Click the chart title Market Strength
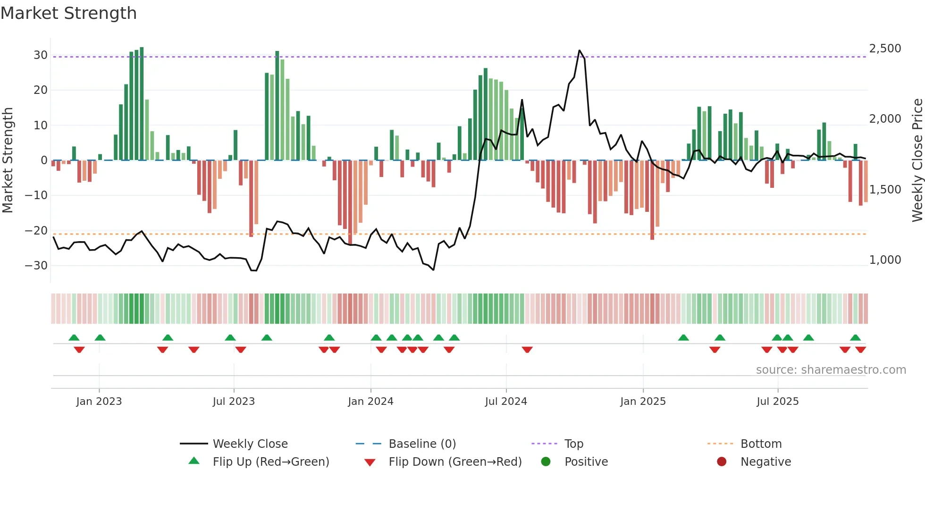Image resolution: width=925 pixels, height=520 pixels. [x=68, y=13]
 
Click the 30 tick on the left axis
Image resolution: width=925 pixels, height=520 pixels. [x=41, y=55]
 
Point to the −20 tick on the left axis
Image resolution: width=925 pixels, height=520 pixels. [x=36, y=231]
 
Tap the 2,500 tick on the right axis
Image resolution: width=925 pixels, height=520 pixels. [x=885, y=49]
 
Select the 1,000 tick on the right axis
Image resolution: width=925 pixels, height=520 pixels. [x=885, y=260]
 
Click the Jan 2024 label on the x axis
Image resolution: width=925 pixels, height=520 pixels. [x=370, y=402]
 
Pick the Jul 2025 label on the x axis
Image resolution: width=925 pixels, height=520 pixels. [x=777, y=402]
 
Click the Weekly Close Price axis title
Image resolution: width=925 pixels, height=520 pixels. [x=917, y=160]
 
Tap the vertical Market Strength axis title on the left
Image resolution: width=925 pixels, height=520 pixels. [x=8, y=160]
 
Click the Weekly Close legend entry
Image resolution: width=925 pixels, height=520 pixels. [x=250, y=444]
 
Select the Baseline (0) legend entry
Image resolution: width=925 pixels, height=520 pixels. [x=422, y=444]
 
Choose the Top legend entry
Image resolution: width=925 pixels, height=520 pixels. [x=573, y=444]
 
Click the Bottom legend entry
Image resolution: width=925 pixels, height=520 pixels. [x=761, y=444]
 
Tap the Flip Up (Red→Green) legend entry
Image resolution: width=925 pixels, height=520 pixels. [x=270, y=462]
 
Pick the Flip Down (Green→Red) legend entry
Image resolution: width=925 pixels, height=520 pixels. [x=455, y=462]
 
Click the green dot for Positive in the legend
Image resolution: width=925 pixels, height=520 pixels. [x=546, y=462]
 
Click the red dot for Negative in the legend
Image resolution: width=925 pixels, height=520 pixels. [x=722, y=462]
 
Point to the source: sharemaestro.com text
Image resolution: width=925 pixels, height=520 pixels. [x=831, y=370]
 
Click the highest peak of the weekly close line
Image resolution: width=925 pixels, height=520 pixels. [x=580, y=50]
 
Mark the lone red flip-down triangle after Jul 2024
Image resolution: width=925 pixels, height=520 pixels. [x=527, y=350]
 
